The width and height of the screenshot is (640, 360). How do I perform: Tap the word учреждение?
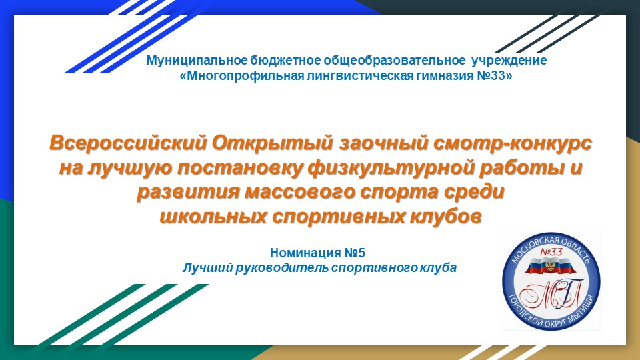509,61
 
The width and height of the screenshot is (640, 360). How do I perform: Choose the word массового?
297,192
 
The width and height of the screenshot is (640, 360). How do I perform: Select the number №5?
354,253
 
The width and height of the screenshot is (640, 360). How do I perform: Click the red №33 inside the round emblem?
551,251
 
